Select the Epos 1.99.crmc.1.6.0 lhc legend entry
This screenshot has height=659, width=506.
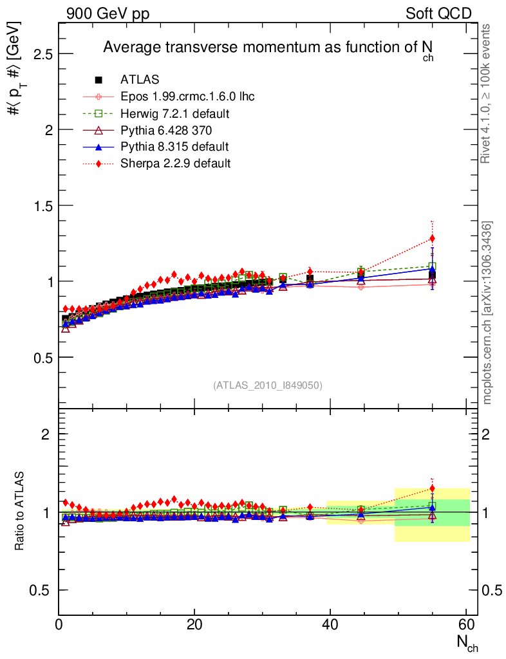click(x=187, y=97)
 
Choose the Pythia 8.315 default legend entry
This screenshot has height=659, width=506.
click(x=174, y=147)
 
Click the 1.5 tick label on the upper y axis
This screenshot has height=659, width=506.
click(x=42, y=205)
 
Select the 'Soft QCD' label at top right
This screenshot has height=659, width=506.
click(x=438, y=14)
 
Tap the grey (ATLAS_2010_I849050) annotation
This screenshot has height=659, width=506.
click(x=268, y=385)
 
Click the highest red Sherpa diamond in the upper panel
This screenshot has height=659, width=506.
click(x=432, y=239)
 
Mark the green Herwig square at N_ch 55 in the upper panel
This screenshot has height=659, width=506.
click(x=432, y=266)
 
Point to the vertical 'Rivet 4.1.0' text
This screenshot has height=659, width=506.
click(x=488, y=93)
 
